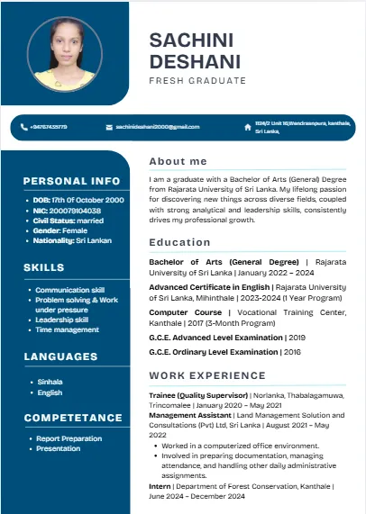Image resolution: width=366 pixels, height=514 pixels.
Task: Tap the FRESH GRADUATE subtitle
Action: pyautogui.click(x=197, y=81)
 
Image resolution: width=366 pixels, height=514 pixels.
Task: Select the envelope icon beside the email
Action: pyautogui.click(x=109, y=127)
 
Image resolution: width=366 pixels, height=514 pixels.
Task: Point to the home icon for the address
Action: pyautogui.click(x=248, y=127)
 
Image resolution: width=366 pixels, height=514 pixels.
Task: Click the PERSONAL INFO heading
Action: pyautogui.click(x=71, y=180)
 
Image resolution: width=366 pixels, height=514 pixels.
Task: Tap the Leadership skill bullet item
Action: pyautogui.click(x=61, y=319)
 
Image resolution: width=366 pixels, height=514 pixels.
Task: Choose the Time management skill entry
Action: pyautogui.click(x=67, y=329)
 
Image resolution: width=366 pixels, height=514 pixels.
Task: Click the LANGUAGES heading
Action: pyautogui.click(x=61, y=357)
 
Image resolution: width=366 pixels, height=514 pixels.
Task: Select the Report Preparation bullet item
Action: pyautogui.click(x=69, y=438)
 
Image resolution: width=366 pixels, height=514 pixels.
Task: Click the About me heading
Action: pyautogui.click(x=178, y=161)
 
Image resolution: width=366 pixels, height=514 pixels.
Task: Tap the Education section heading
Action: pyautogui.click(x=180, y=242)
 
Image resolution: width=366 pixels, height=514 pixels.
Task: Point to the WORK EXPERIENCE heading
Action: pyautogui.click(x=207, y=374)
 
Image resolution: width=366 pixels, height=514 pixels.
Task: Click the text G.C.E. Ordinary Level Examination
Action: pyautogui.click(x=215, y=352)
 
